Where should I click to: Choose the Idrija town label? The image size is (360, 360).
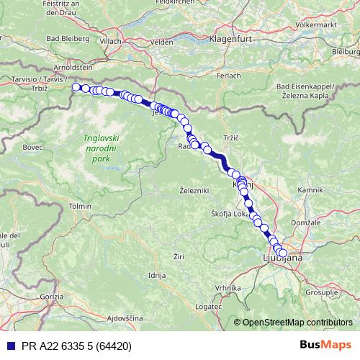[x=156, y=276]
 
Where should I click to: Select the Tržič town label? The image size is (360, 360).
[x=230, y=136]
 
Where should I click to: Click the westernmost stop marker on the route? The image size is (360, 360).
[x=76, y=87]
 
